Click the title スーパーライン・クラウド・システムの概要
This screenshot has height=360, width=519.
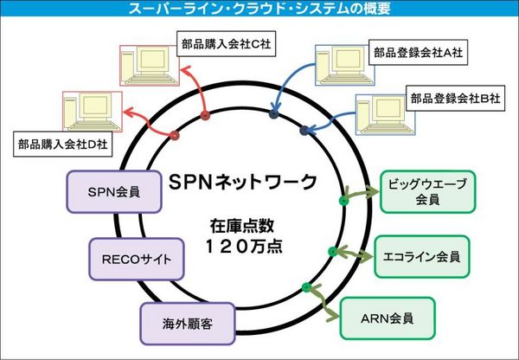(x=259, y=10)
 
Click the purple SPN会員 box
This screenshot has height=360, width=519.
(x=116, y=191)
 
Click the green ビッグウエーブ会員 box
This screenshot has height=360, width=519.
(x=427, y=191)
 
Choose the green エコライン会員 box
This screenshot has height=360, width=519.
(x=421, y=257)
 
